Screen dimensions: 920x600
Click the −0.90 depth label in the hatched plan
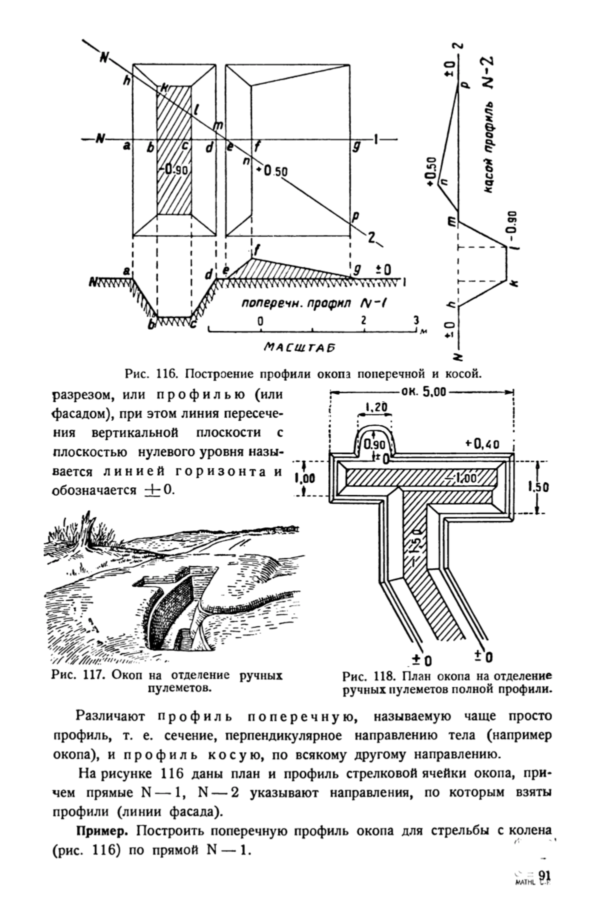[174, 170]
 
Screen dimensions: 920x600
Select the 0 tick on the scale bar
[260, 321]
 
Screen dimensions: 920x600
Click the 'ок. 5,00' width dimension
[422, 392]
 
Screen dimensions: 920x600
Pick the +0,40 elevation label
[482, 444]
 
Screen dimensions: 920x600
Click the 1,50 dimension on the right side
[538, 487]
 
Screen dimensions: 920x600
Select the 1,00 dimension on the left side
[304, 478]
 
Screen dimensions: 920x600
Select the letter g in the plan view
[356, 147]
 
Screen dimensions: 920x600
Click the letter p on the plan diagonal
[355, 217]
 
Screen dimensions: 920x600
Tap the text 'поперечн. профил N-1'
[313, 304]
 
